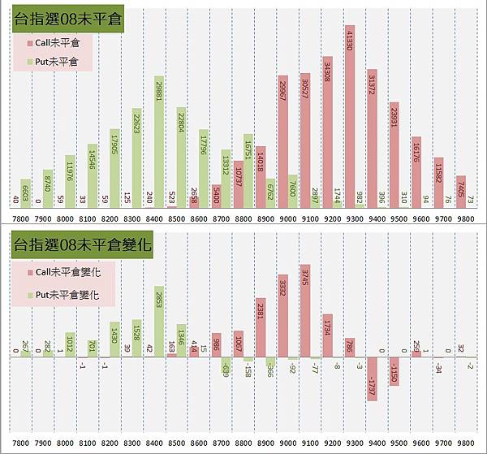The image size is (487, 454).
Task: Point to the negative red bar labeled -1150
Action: point(394,370)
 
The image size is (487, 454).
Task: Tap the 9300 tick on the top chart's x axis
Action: point(349,218)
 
